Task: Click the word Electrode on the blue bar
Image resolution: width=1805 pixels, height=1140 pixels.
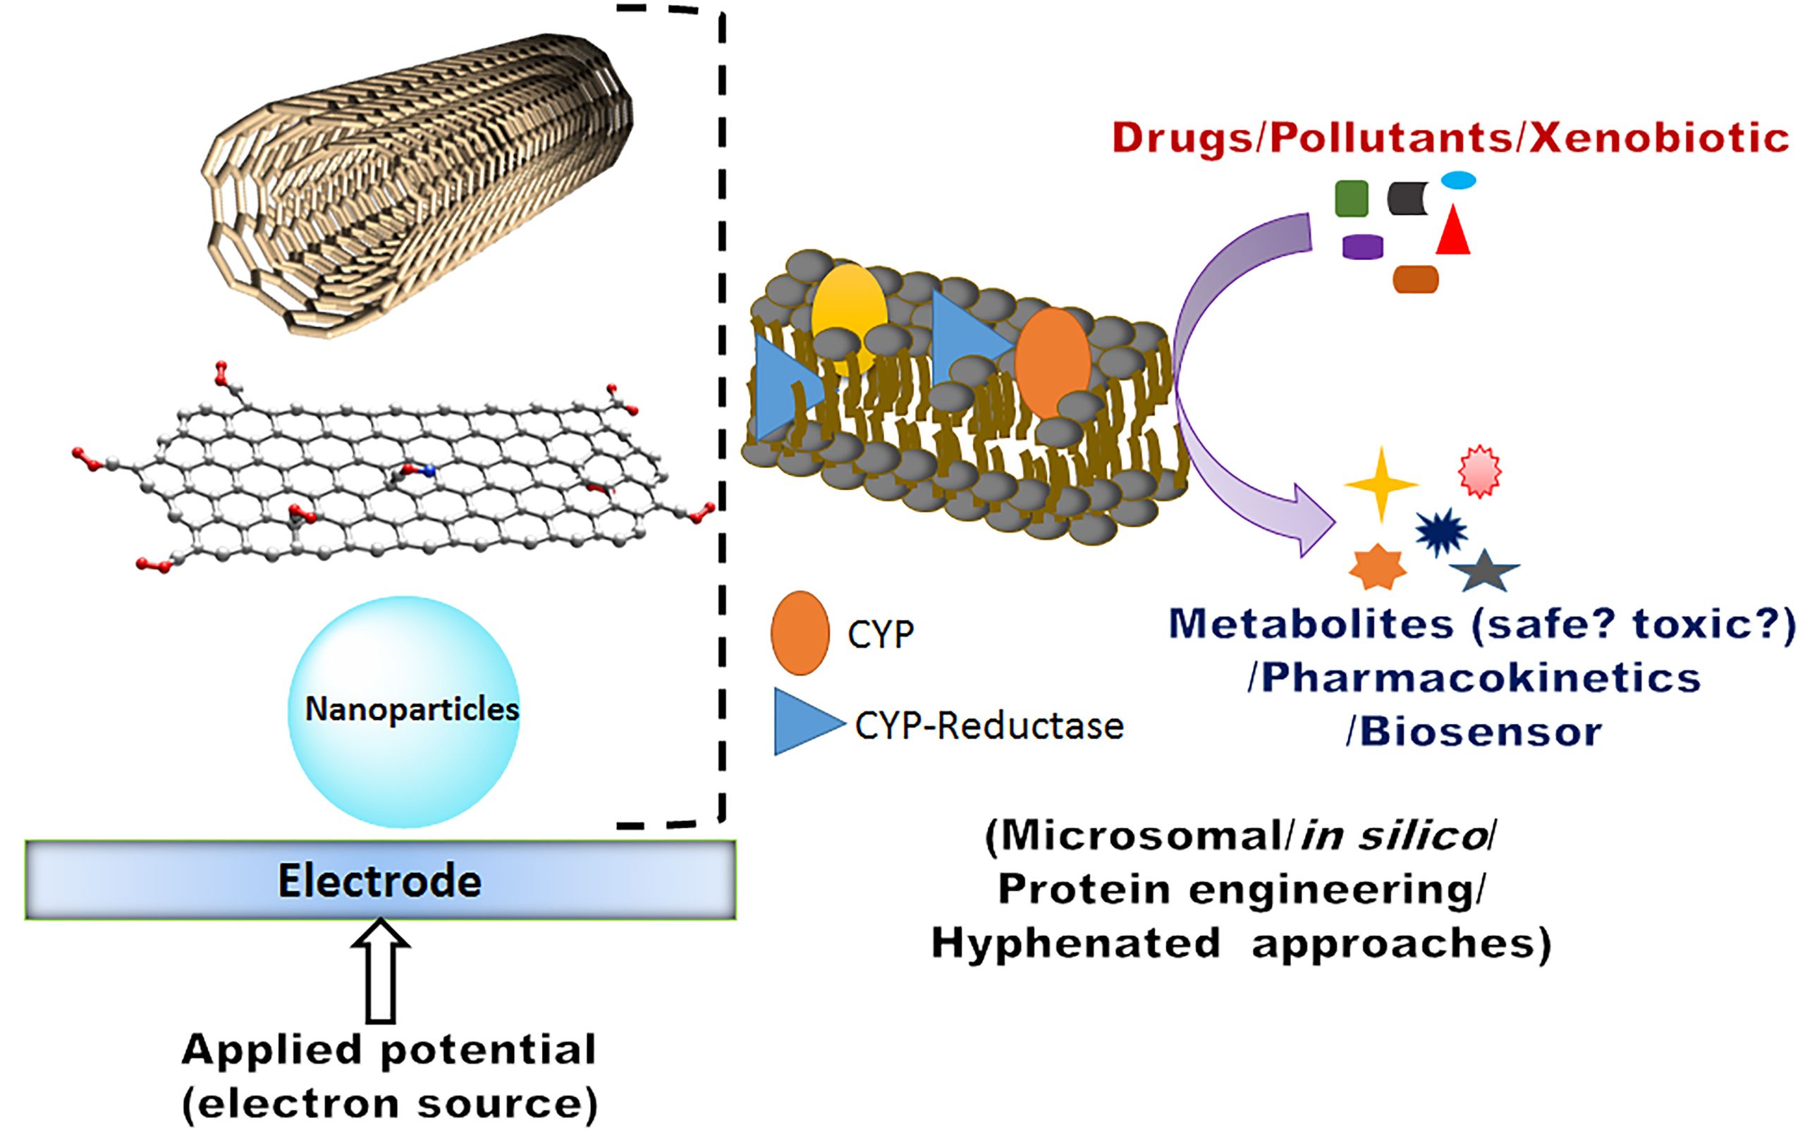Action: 379,881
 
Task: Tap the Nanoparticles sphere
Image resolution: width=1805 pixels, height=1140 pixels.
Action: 404,712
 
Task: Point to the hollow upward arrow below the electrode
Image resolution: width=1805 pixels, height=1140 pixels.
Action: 381,971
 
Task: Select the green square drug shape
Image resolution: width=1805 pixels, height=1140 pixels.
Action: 1352,199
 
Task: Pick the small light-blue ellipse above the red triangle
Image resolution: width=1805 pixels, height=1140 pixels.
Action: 1459,180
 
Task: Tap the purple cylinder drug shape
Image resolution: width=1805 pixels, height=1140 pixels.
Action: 1363,247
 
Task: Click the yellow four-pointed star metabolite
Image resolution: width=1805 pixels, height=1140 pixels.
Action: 1381,484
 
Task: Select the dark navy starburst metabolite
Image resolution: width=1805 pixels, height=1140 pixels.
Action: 1440,532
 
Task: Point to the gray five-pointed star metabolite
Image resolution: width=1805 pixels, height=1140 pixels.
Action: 1484,572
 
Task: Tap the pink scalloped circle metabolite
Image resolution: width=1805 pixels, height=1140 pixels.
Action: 1480,472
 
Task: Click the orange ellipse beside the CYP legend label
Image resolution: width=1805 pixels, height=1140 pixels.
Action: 800,633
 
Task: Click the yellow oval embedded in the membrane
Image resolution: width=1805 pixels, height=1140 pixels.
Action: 850,319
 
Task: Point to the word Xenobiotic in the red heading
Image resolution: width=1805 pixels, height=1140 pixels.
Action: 1660,140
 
